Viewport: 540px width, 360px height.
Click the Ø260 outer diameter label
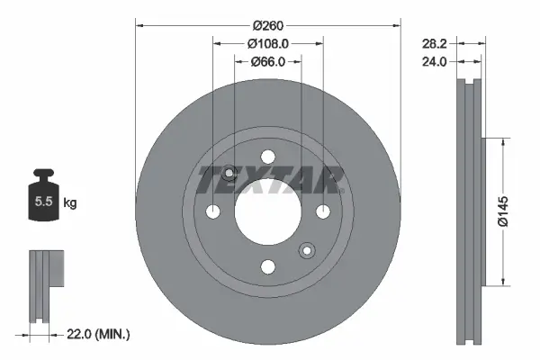pyautogui.click(x=267, y=22)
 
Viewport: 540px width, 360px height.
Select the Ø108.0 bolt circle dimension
pyautogui.click(x=267, y=42)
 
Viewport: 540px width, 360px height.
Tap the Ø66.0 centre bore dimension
pyautogui.click(x=267, y=61)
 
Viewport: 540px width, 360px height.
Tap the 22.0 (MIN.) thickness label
pyautogui.click(x=100, y=334)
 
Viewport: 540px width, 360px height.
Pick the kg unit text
pyautogui.click(x=70, y=203)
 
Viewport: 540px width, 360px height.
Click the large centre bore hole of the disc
pyautogui.click(x=267, y=211)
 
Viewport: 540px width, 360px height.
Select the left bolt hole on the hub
pyautogui.click(x=212, y=211)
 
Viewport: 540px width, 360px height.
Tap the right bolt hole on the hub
pyautogui.click(x=323, y=211)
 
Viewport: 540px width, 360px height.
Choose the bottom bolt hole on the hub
pyautogui.click(x=267, y=266)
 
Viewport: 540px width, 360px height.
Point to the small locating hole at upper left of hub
pyautogui.click(x=229, y=173)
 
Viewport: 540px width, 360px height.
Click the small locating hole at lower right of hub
pyautogui.click(x=307, y=250)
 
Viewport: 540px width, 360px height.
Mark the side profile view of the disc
pyautogui.click(x=469, y=211)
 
